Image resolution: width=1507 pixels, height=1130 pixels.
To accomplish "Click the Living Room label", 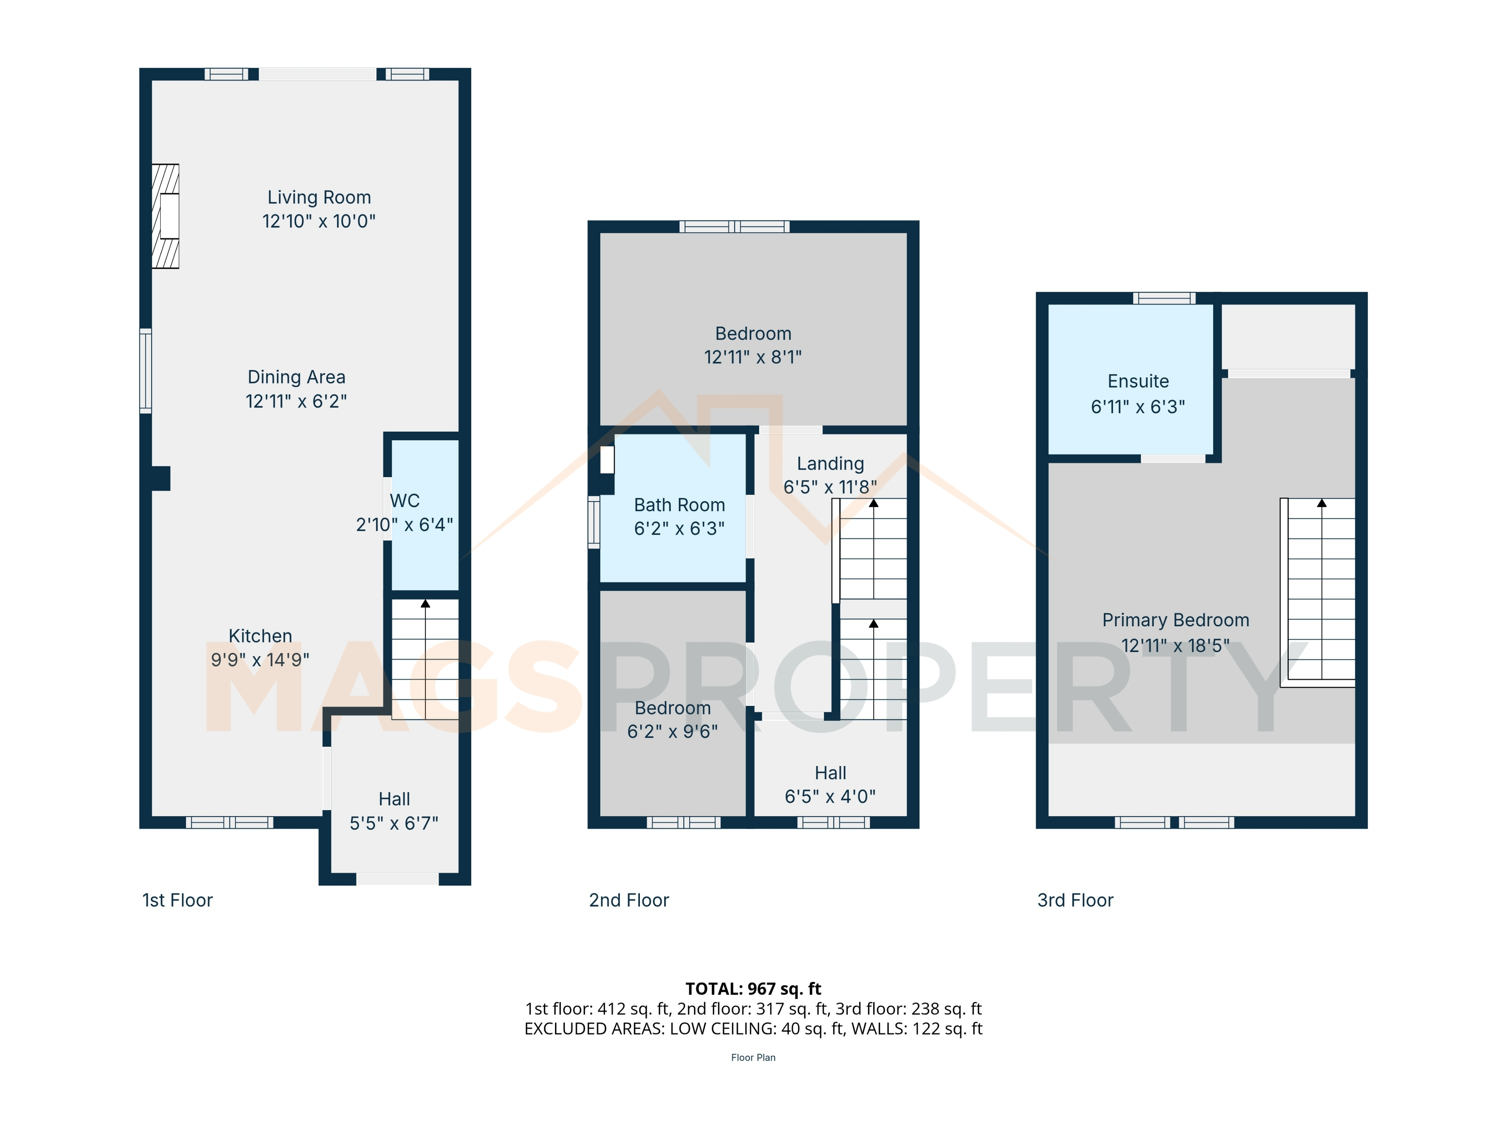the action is pos(319,198).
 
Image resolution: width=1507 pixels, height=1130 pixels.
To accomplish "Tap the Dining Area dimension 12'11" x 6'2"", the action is pos(296,401).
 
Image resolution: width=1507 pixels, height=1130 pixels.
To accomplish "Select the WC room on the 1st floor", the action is pos(425,515).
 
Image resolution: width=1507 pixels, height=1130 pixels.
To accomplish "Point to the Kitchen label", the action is pos(260,636).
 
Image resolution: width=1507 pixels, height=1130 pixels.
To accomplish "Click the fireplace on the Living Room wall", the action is pos(165,216).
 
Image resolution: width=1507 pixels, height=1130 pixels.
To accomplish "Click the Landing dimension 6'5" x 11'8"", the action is pos(830,487).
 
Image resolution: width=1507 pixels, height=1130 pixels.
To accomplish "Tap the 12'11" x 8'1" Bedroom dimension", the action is pos(753,357).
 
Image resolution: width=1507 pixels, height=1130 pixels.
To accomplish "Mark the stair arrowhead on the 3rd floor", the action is pos(1322,503).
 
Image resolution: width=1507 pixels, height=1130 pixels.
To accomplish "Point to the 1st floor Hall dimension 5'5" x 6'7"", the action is pos(394,824).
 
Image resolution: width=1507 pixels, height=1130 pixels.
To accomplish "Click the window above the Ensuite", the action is pos(1164,298).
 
